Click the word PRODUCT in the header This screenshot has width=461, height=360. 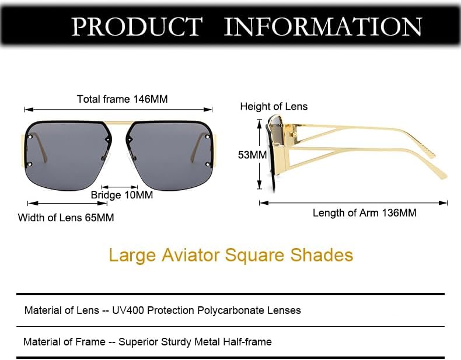tap(136, 27)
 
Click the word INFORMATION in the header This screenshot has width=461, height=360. tap(323, 27)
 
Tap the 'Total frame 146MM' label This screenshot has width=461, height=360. tap(122, 99)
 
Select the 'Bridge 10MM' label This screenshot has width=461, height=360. tap(122, 195)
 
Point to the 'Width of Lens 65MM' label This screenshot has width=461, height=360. tap(66, 218)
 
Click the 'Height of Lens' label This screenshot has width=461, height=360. tap(274, 106)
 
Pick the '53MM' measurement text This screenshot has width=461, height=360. tap(252, 155)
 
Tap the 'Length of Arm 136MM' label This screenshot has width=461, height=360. tap(364, 213)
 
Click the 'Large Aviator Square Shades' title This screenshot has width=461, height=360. tap(230, 255)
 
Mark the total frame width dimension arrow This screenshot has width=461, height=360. tap(118, 109)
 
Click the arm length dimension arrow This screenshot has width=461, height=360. tap(354, 202)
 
